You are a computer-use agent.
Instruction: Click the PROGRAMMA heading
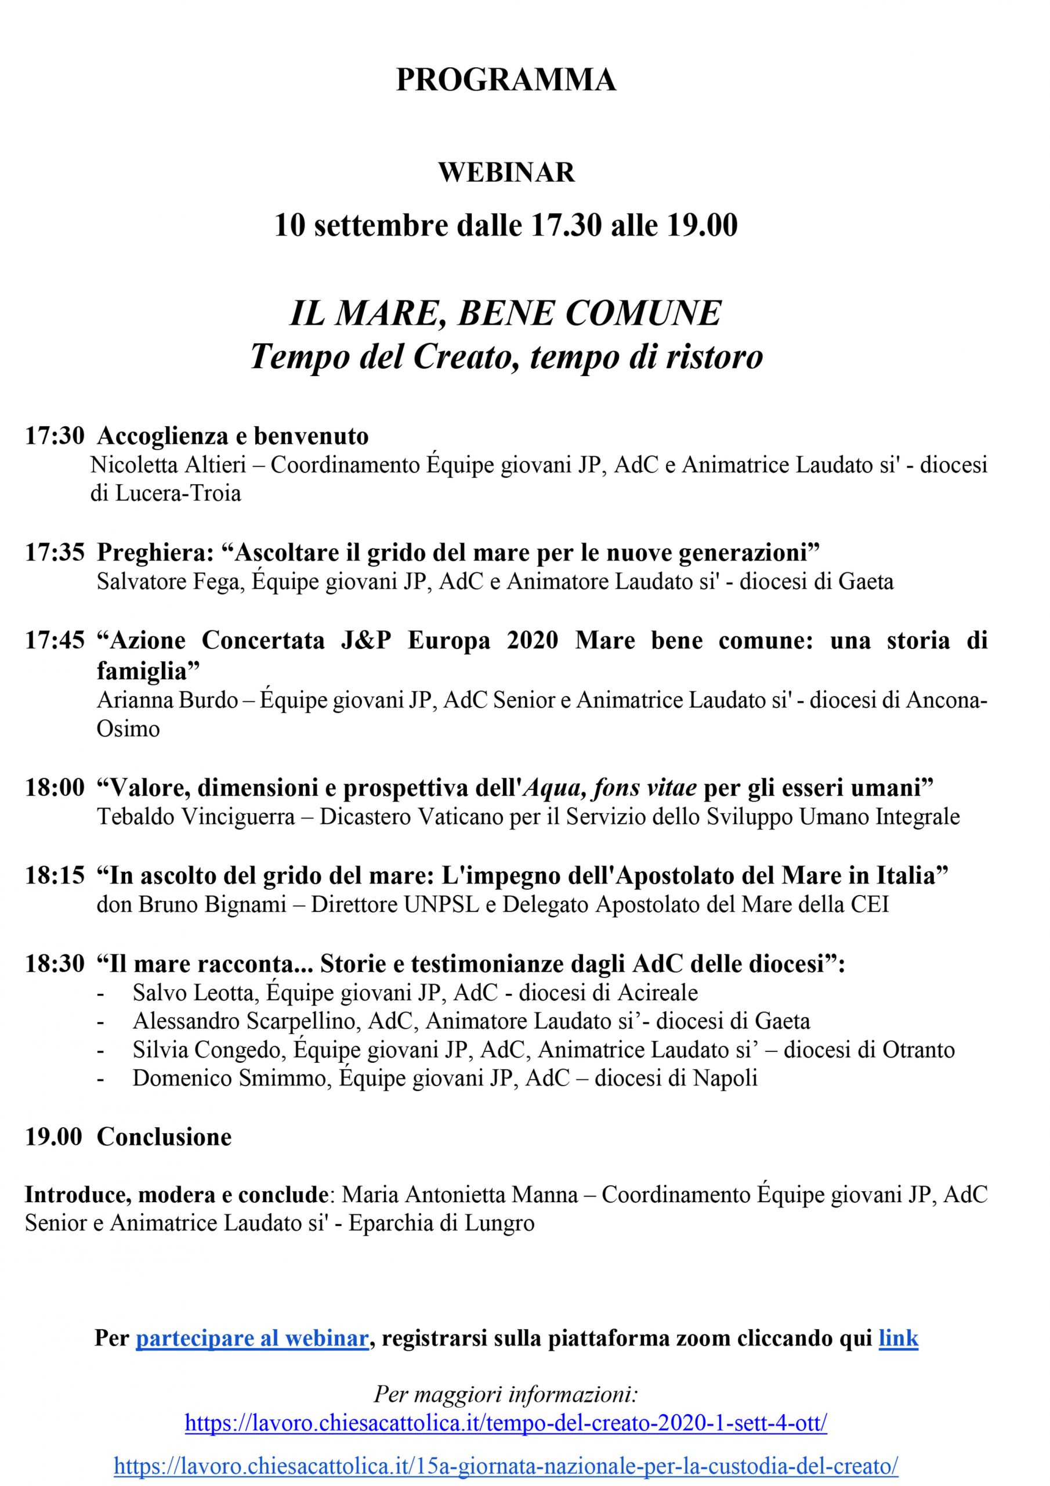click(506, 81)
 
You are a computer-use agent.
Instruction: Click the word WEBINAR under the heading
click(506, 172)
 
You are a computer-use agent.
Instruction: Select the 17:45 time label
click(55, 640)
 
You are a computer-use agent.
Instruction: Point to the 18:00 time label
click(55, 788)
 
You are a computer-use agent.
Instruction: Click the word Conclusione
click(164, 1137)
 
